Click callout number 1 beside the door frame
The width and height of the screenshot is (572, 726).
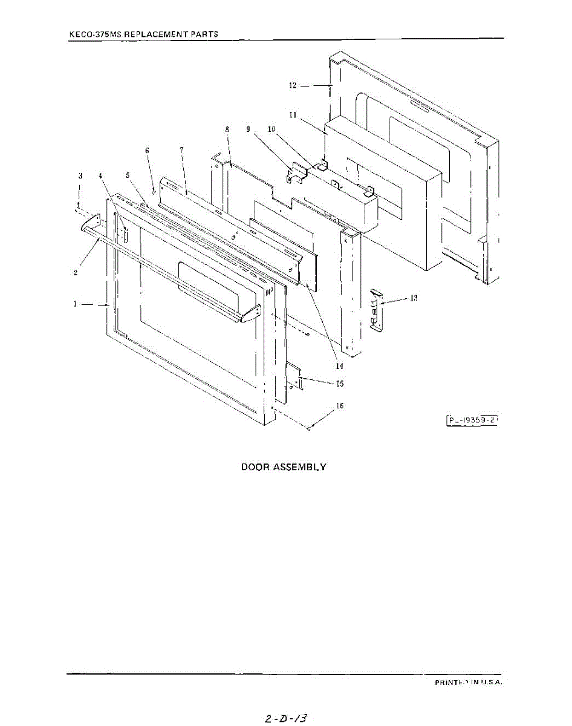pyautogui.click(x=76, y=304)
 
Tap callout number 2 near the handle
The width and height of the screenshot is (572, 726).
pyautogui.click(x=75, y=272)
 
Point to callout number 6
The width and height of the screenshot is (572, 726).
pyautogui.click(x=146, y=150)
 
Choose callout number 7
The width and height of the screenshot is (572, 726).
pyautogui.click(x=181, y=149)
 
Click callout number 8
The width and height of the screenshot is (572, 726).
pyautogui.click(x=227, y=129)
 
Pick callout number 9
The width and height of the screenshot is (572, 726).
pyautogui.click(x=248, y=129)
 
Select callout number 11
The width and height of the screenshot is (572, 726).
pyautogui.click(x=292, y=114)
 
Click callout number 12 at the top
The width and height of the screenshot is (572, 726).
pyautogui.click(x=293, y=86)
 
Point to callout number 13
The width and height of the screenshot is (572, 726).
pyautogui.click(x=414, y=298)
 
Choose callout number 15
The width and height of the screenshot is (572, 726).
pyautogui.click(x=340, y=384)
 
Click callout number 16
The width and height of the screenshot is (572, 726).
pyautogui.click(x=340, y=406)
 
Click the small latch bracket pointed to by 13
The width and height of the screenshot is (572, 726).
pyautogui.click(x=375, y=309)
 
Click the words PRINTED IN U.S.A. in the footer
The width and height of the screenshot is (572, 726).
pyautogui.click(x=469, y=682)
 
